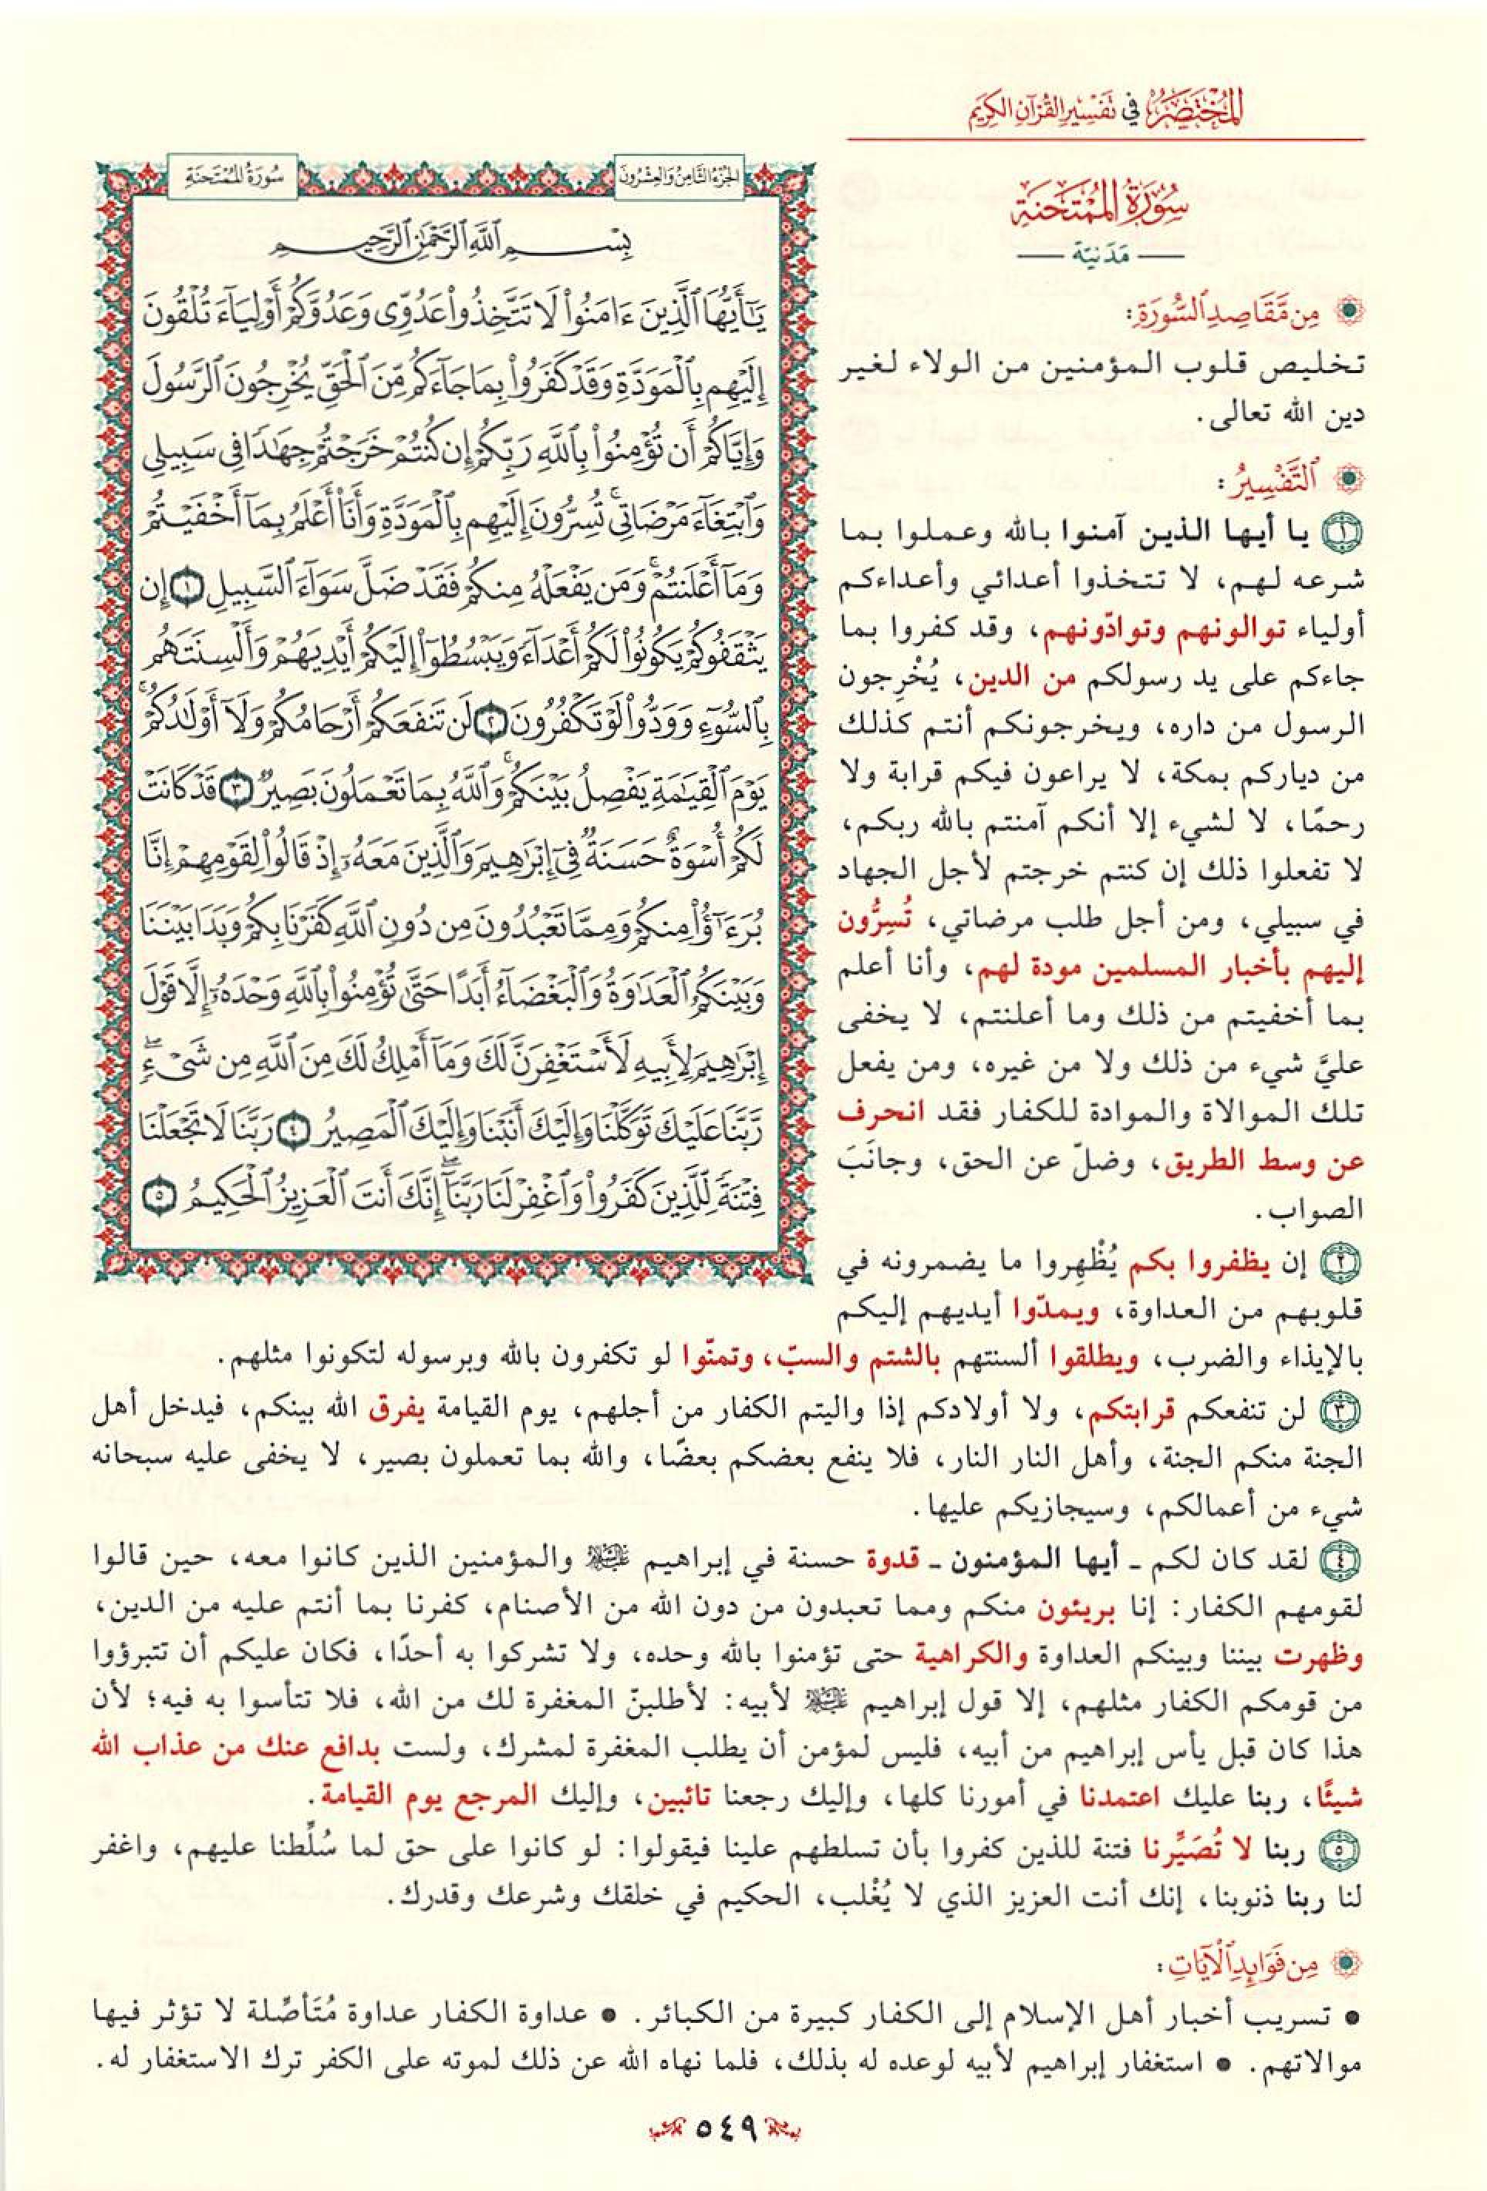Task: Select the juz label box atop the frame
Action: click(677, 177)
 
